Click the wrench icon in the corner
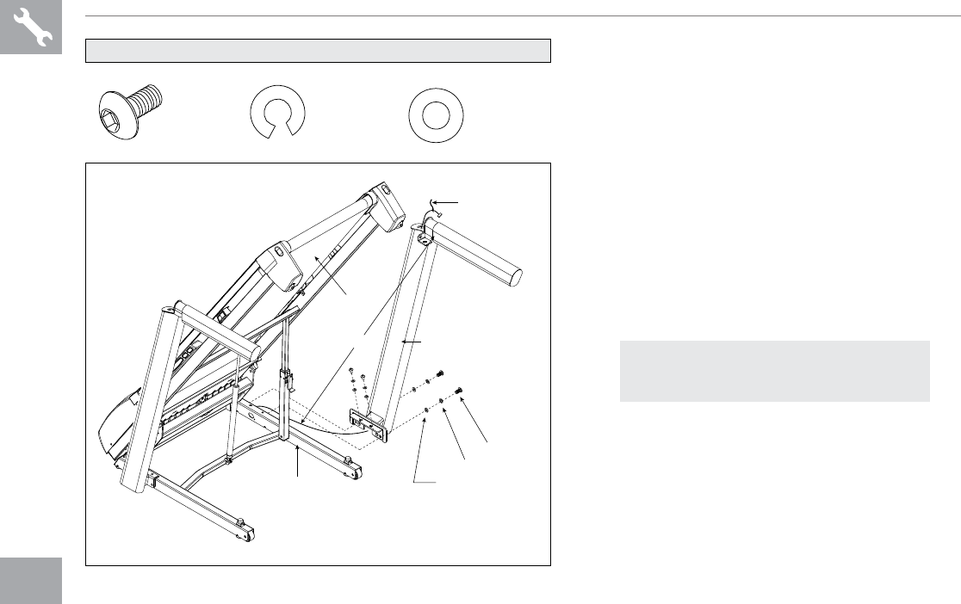[31, 28]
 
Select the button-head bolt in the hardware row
[131, 111]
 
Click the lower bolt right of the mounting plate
[460, 392]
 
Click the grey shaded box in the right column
[774, 371]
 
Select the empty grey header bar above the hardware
[318, 50]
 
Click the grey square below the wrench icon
[31, 580]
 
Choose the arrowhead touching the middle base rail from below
[298, 450]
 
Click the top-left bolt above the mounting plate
[353, 372]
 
